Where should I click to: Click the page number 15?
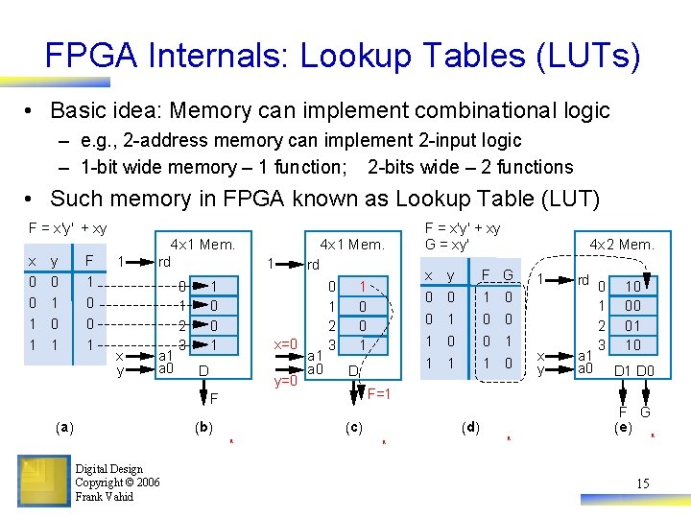tap(642, 483)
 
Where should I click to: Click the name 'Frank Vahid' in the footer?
tap(105, 496)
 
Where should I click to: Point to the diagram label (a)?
tap(65, 428)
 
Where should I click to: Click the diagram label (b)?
tap(203, 428)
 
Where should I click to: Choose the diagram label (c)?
tap(353, 428)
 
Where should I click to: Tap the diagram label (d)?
tap(470, 428)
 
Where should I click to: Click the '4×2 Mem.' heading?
tap(622, 245)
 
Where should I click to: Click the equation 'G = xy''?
tap(454, 246)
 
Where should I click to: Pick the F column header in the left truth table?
tap(89, 259)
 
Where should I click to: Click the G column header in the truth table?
tap(509, 276)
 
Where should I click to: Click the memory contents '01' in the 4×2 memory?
tap(633, 325)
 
